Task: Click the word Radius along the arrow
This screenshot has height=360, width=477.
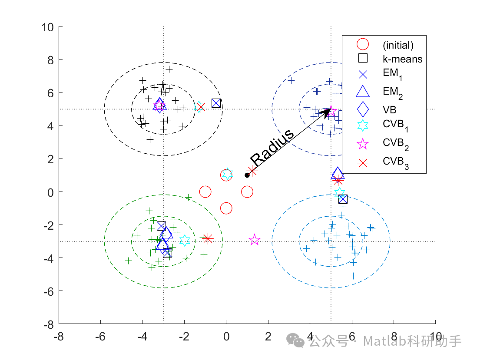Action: click(272, 147)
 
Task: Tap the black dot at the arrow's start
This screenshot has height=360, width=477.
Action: click(247, 175)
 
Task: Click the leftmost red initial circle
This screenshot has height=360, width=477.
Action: click(205, 192)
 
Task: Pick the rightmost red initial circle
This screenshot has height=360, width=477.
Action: click(247, 192)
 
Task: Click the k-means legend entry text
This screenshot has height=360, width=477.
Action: click(402, 59)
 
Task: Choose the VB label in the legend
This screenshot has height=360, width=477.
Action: click(390, 109)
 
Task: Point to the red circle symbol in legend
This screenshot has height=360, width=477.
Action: click(362, 44)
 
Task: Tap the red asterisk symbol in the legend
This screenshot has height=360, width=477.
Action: click(362, 162)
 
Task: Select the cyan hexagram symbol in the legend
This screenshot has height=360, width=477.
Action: click(362, 126)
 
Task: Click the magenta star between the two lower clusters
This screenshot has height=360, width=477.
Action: click(255, 240)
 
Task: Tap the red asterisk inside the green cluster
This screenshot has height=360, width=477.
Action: click(207, 238)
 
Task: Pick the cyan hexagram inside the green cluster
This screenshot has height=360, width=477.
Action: click(185, 240)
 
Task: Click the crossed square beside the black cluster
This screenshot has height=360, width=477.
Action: click(216, 103)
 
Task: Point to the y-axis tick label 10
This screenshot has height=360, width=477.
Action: click(47, 27)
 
